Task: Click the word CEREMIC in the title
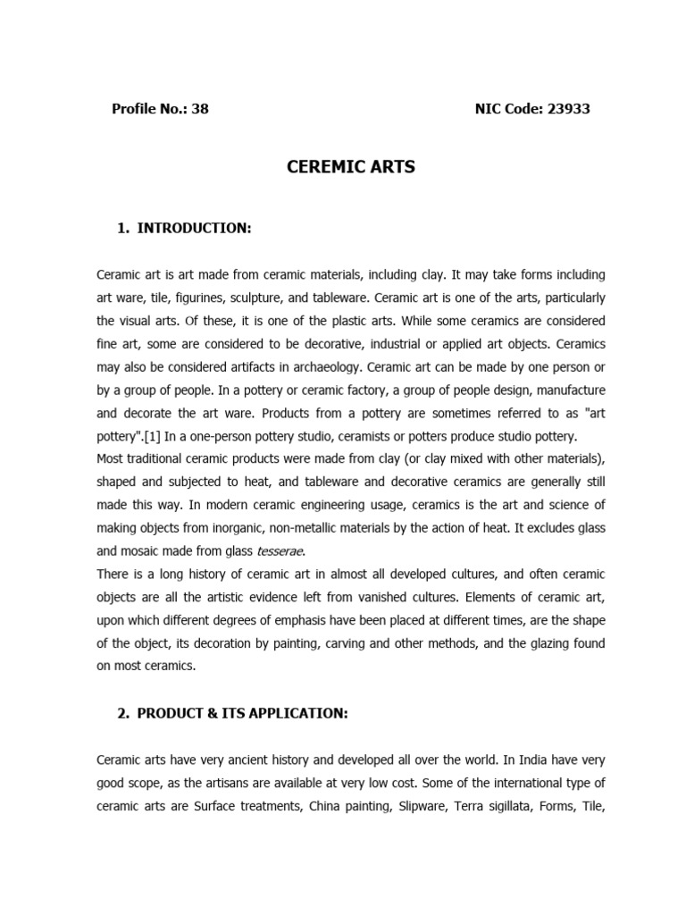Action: tap(320, 166)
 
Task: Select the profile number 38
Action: tap(200, 109)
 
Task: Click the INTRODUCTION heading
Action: tap(194, 229)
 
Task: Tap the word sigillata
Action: tap(522, 807)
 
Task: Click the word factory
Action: tap(324, 390)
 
